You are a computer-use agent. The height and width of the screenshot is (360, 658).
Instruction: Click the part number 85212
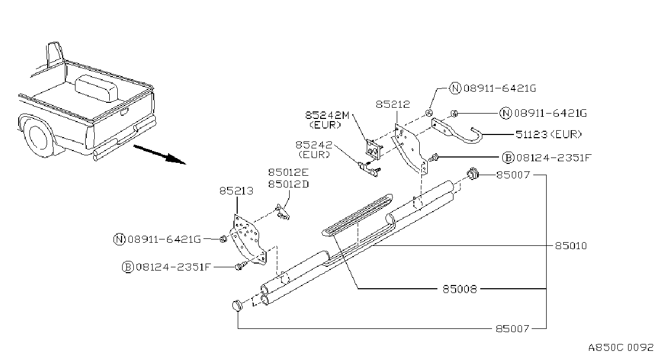393,104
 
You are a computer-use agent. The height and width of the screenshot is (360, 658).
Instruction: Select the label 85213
236,191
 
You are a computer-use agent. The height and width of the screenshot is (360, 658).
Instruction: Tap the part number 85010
571,246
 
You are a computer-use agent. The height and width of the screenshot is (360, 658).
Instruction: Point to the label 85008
460,289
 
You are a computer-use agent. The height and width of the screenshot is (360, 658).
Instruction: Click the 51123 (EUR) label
549,134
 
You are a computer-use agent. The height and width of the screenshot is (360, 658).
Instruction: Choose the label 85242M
327,115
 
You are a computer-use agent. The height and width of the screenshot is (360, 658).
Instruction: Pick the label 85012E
289,172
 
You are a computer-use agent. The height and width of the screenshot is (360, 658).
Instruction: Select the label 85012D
289,184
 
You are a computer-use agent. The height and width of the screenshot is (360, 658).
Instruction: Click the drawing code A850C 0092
621,348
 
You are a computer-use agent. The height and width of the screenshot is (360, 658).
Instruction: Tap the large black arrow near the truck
160,154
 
